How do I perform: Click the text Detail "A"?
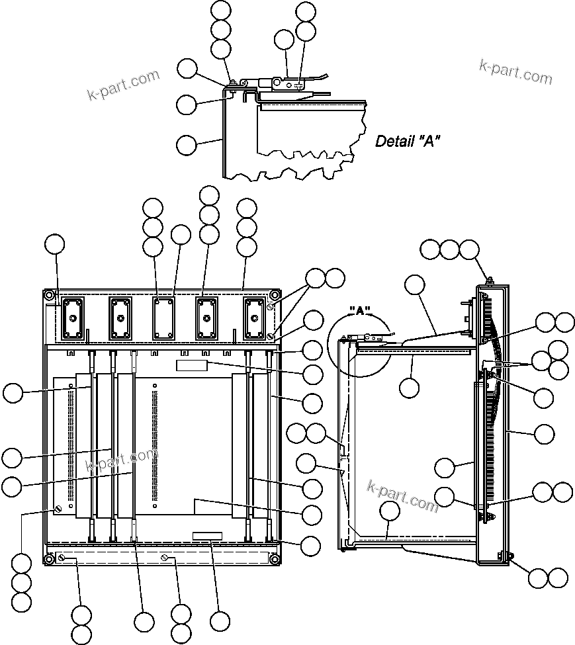(408, 141)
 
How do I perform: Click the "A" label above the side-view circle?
(362, 310)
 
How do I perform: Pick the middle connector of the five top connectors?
(163, 318)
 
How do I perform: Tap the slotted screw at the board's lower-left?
(58, 509)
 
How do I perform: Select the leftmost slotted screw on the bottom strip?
(61, 560)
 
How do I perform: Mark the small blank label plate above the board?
(192, 366)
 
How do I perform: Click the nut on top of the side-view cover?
(488, 280)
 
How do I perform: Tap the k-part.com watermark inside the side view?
(402, 496)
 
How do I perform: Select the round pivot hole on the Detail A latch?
(276, 83)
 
